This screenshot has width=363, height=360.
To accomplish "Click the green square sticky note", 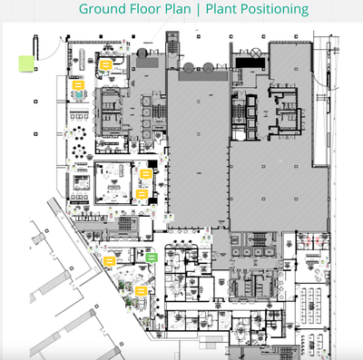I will coord(27,63).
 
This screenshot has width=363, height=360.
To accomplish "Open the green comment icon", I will coord(152,258).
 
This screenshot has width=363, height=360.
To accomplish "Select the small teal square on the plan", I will coord(80,93).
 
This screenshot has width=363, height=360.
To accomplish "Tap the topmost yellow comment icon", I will coord(105,66).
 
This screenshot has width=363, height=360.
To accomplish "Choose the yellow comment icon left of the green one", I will coord(109,261).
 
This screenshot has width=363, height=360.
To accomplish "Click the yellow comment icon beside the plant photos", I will coord(142,290).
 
